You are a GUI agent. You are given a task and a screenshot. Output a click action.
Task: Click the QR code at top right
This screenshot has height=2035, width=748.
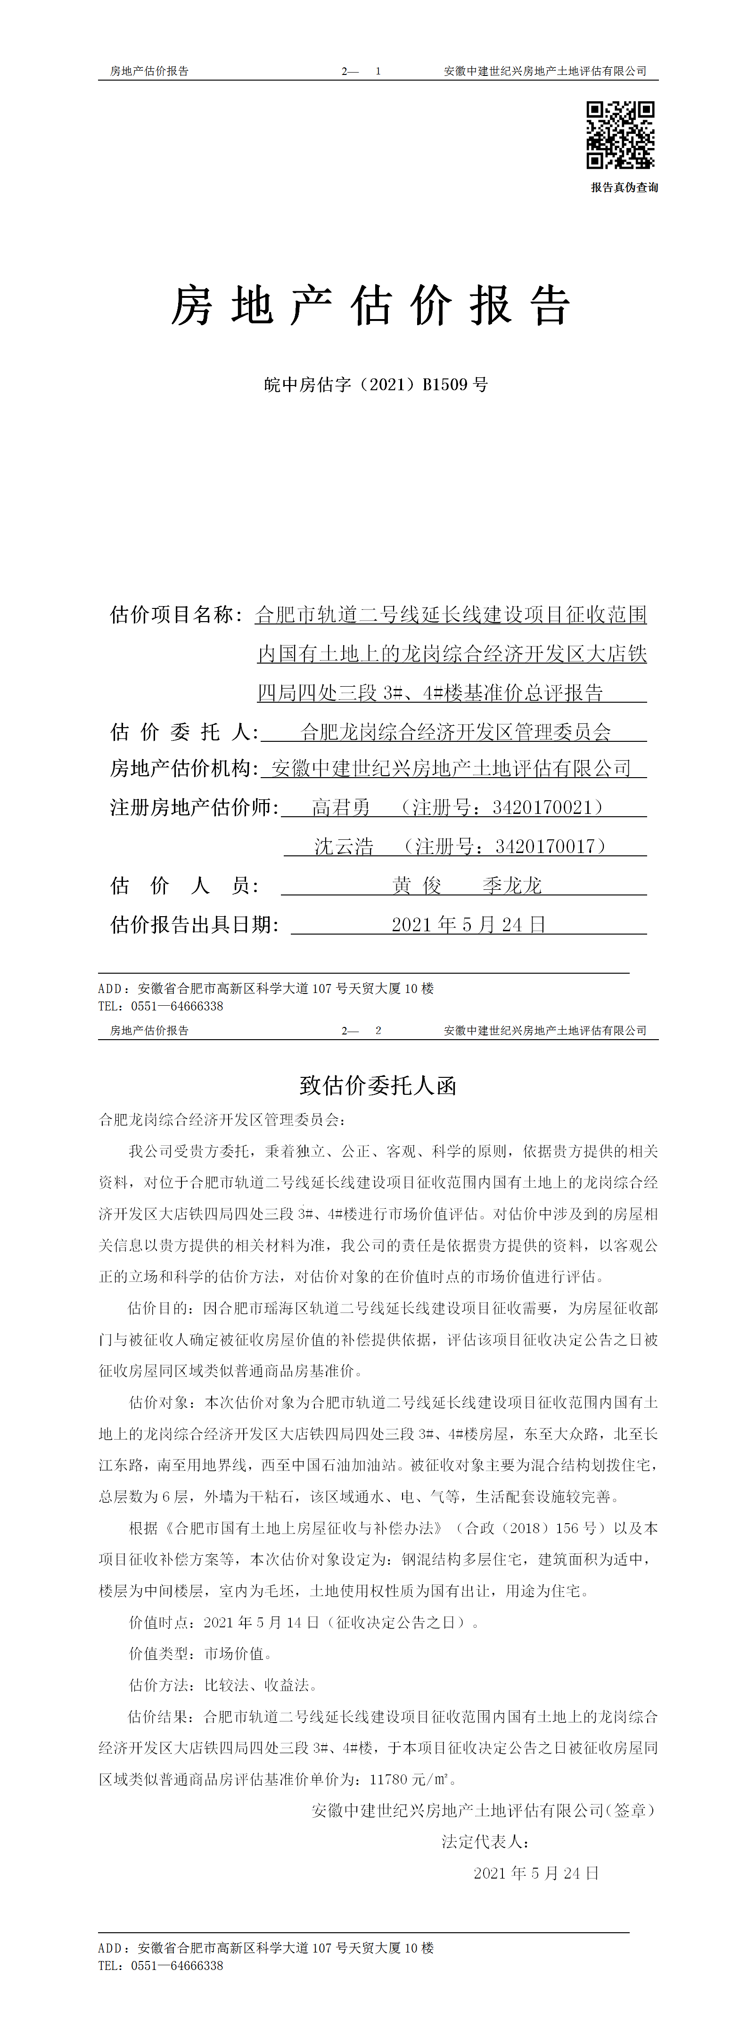(620, 135)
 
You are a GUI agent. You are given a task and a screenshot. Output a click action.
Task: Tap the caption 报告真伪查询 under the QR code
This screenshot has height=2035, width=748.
(624, 187)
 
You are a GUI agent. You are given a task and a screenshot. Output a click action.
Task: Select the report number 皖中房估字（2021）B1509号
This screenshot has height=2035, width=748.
(376, 385)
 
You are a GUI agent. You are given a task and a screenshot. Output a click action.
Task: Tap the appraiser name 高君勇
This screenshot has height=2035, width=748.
(341, 807)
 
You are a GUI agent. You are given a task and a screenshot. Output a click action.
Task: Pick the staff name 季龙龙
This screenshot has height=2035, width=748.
(512, 886)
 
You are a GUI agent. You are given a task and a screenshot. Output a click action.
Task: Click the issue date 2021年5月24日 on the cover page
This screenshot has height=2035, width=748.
(469, 924)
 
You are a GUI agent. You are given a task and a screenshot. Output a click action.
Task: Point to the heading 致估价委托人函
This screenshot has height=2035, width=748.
(378, 1085)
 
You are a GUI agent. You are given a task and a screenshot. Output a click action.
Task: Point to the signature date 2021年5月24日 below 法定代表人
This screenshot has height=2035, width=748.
(536, 1873)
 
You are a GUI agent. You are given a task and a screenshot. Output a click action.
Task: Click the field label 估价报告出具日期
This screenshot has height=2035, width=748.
(194, 924)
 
